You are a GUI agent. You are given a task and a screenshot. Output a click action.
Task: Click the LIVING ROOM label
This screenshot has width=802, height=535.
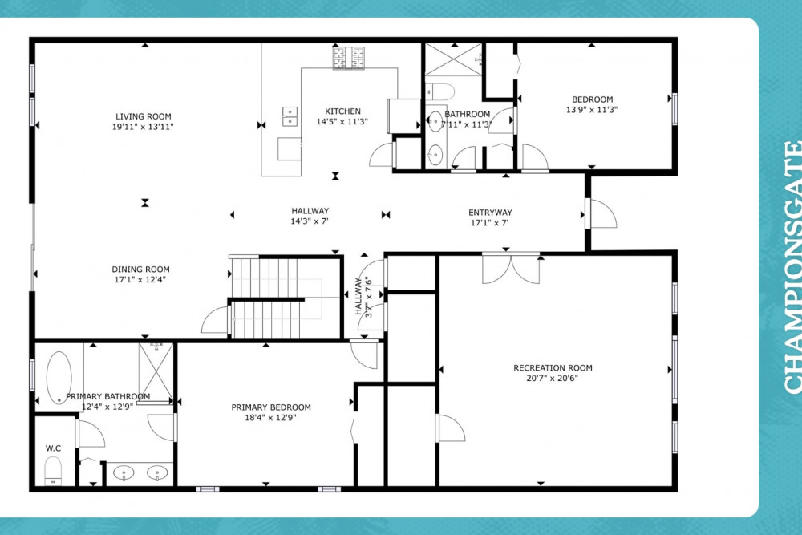click(x=144, y=116)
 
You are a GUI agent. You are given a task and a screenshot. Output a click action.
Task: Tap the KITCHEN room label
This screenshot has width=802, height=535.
click(x=342, y=111)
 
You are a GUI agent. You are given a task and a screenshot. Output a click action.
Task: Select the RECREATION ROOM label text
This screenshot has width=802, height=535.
click(x=553, y=367)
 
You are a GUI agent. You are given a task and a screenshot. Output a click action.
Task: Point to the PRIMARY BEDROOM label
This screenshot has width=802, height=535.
click(x=271, y=407)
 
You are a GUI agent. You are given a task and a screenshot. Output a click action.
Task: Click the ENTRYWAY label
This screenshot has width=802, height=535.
click(x=490, y=213)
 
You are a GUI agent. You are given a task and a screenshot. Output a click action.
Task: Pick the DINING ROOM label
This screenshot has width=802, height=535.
click(x=140, y=269)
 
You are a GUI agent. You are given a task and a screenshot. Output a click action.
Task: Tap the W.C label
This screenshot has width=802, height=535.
click(x=53, y=448)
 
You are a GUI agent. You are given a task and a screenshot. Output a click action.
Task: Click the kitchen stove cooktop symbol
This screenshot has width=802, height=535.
click(x=349, y=58)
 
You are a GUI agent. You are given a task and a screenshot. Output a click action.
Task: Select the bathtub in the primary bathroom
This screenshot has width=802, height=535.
click(x=59, y=378)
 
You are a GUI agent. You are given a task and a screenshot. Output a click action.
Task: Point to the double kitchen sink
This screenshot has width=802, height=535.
click(x=290, y=116)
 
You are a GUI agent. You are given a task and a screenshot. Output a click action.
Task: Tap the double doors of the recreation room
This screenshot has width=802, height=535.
click(x=511, y=268)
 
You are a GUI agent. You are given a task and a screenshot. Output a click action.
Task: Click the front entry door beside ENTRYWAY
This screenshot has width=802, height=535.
click(x=601, y=213)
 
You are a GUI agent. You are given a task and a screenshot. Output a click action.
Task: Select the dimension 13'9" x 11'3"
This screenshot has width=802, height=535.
click(x=592, y=109)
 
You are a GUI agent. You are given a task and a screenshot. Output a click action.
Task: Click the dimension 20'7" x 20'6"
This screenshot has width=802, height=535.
click(x=553, y=379)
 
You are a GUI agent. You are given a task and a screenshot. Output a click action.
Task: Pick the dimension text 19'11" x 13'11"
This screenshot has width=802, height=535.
click(x=144, y=127)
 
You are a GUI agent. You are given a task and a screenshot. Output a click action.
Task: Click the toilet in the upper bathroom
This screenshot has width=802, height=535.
click(x=440, y=92)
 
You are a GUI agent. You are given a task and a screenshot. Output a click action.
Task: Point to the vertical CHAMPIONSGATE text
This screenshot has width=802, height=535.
click(x=792, y=268)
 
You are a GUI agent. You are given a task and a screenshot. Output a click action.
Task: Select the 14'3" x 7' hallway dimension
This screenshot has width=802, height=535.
click(x=310, y=221)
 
